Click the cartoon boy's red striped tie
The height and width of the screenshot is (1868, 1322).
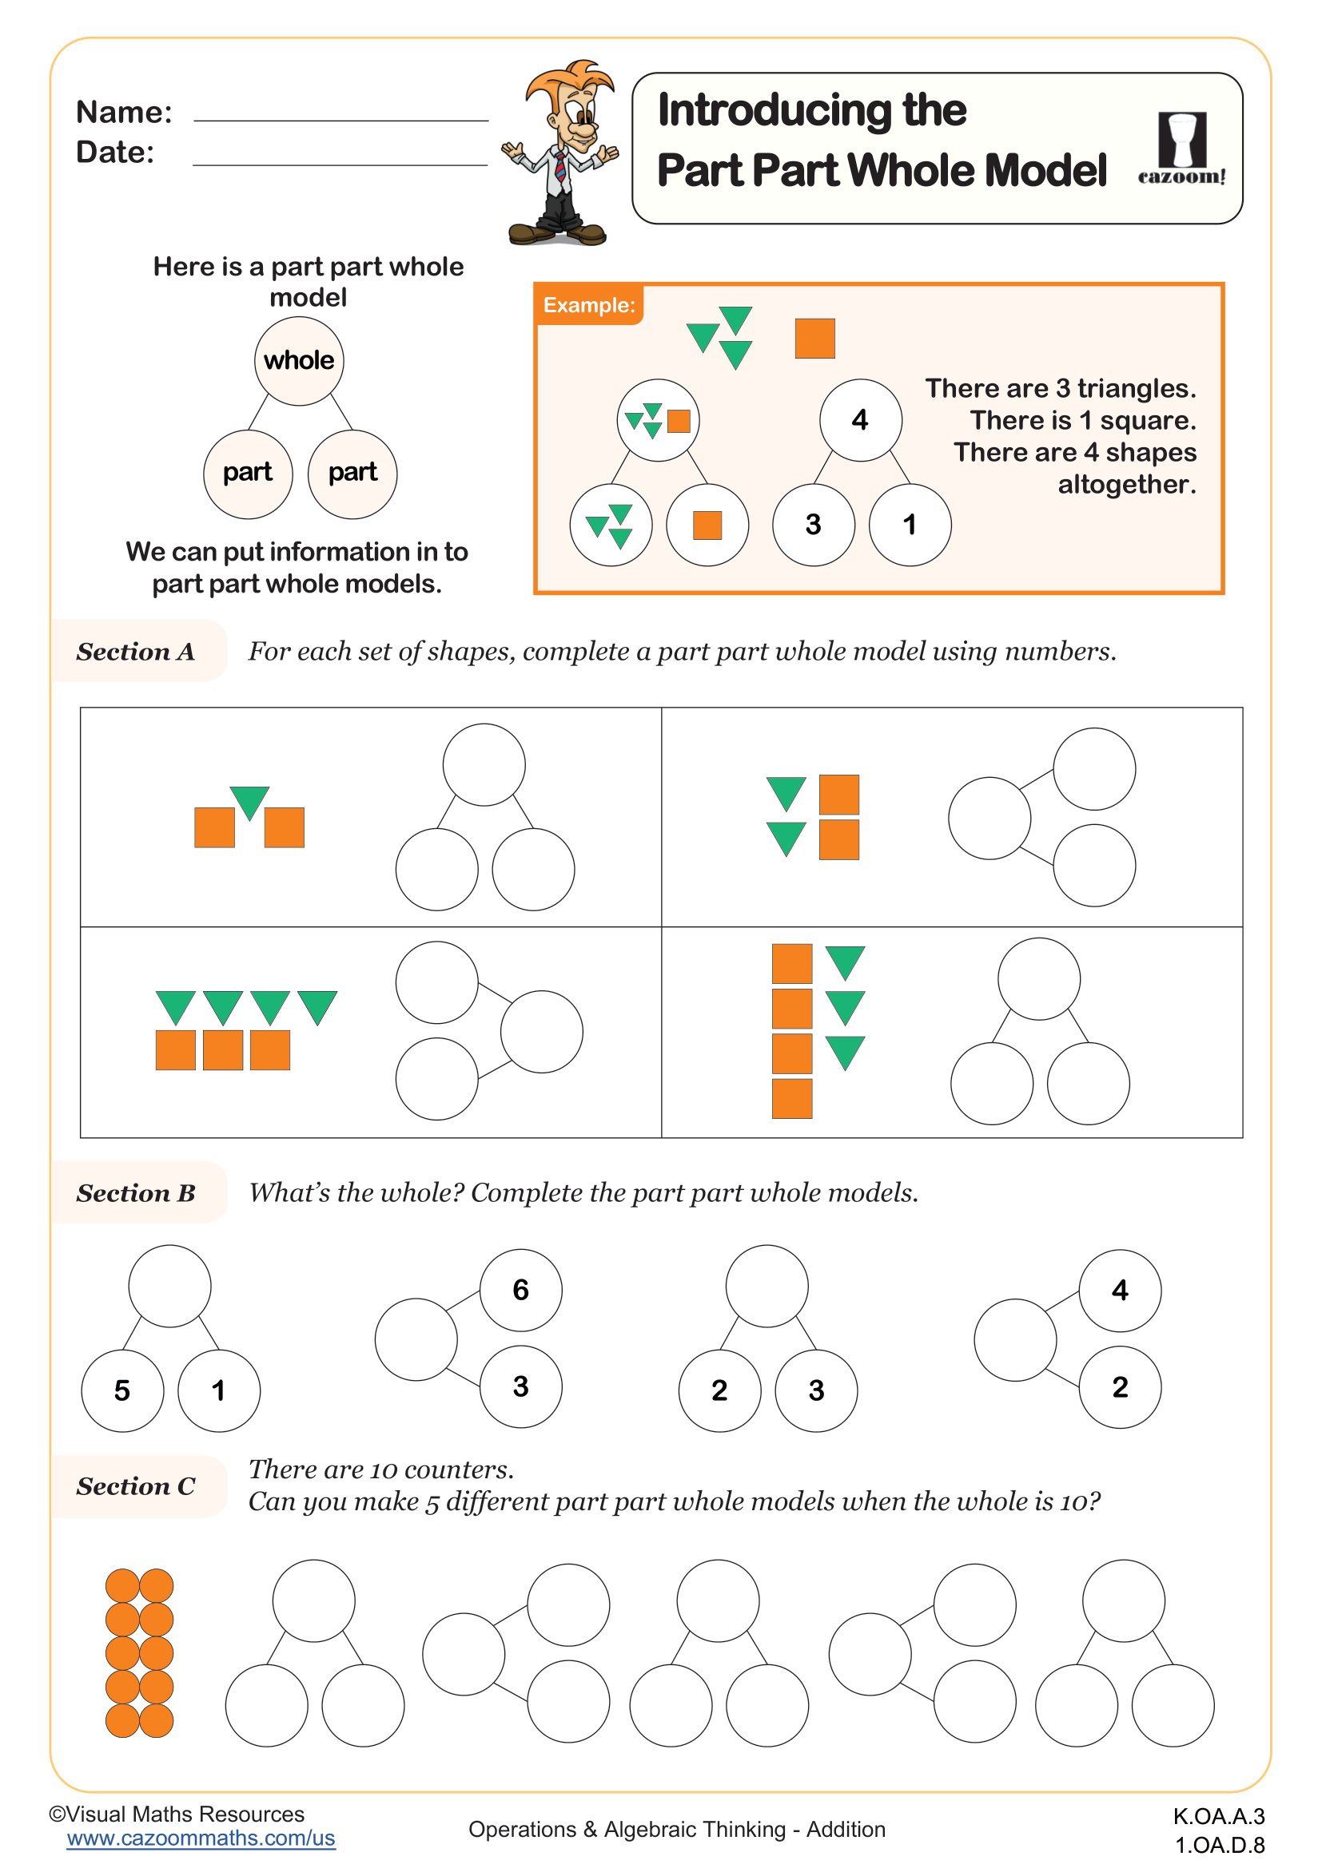click(561, 167)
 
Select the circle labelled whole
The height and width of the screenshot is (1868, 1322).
click(299, 360)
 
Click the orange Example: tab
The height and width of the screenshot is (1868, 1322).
click(588, 305)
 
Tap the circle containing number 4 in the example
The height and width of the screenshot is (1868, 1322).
click(860, 420)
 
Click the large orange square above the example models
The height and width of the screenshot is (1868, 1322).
click(814, 338)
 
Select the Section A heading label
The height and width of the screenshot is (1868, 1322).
click(136, 652)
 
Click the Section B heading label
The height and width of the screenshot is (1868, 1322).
click(136, 1192)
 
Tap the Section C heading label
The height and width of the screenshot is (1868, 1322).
click(136, 1486)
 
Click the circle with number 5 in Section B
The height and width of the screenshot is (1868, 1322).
click(122, 1390)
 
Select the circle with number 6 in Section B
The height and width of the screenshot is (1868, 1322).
click(521, 1290)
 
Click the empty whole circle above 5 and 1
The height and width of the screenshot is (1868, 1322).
click(169, 1286)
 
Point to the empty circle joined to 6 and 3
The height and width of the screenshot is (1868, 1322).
click(416, 1339)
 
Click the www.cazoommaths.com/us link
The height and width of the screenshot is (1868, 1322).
click(201, 1838)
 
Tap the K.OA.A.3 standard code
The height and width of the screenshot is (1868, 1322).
click(1219, 1816)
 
